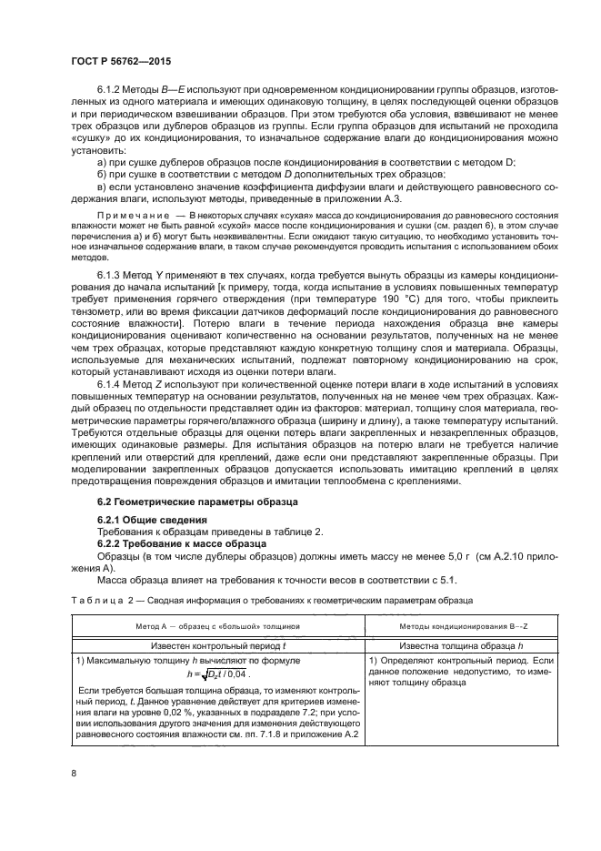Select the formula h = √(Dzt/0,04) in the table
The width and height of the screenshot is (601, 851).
tap(216, 674)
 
